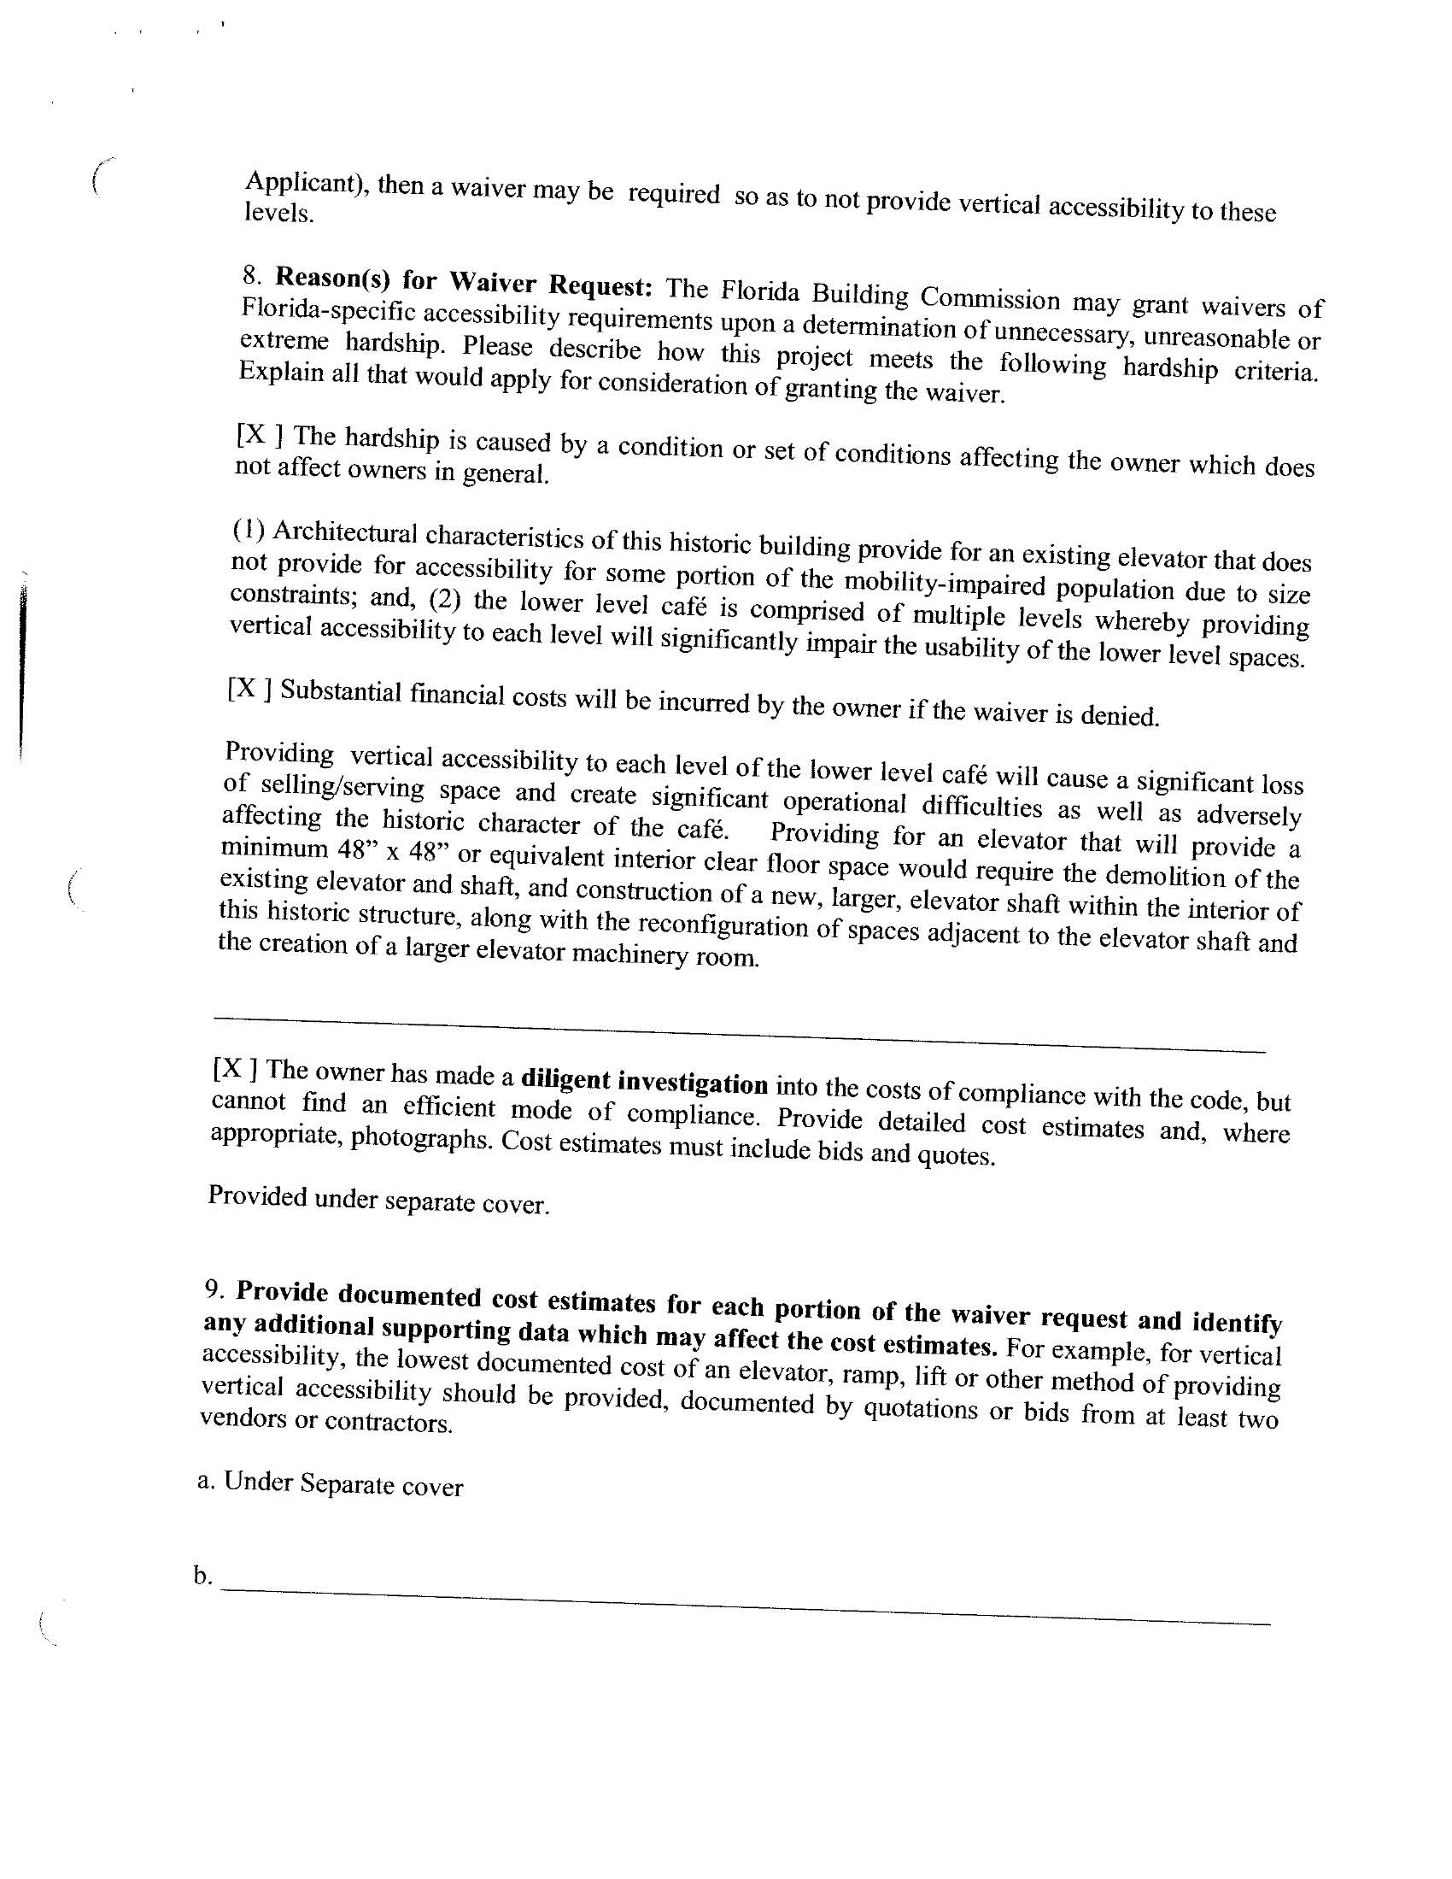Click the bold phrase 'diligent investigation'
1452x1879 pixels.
point(644,1081)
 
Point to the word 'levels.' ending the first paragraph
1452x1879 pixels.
point(278,214)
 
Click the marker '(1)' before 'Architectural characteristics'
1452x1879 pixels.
point(249,530)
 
